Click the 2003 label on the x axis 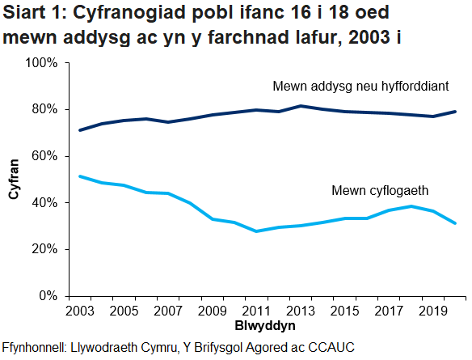pos(79,311)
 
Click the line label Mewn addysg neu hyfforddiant pos(360,86)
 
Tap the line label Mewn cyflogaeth pos(380,192)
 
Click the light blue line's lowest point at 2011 pos(257,231)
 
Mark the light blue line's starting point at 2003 pos(79,176)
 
